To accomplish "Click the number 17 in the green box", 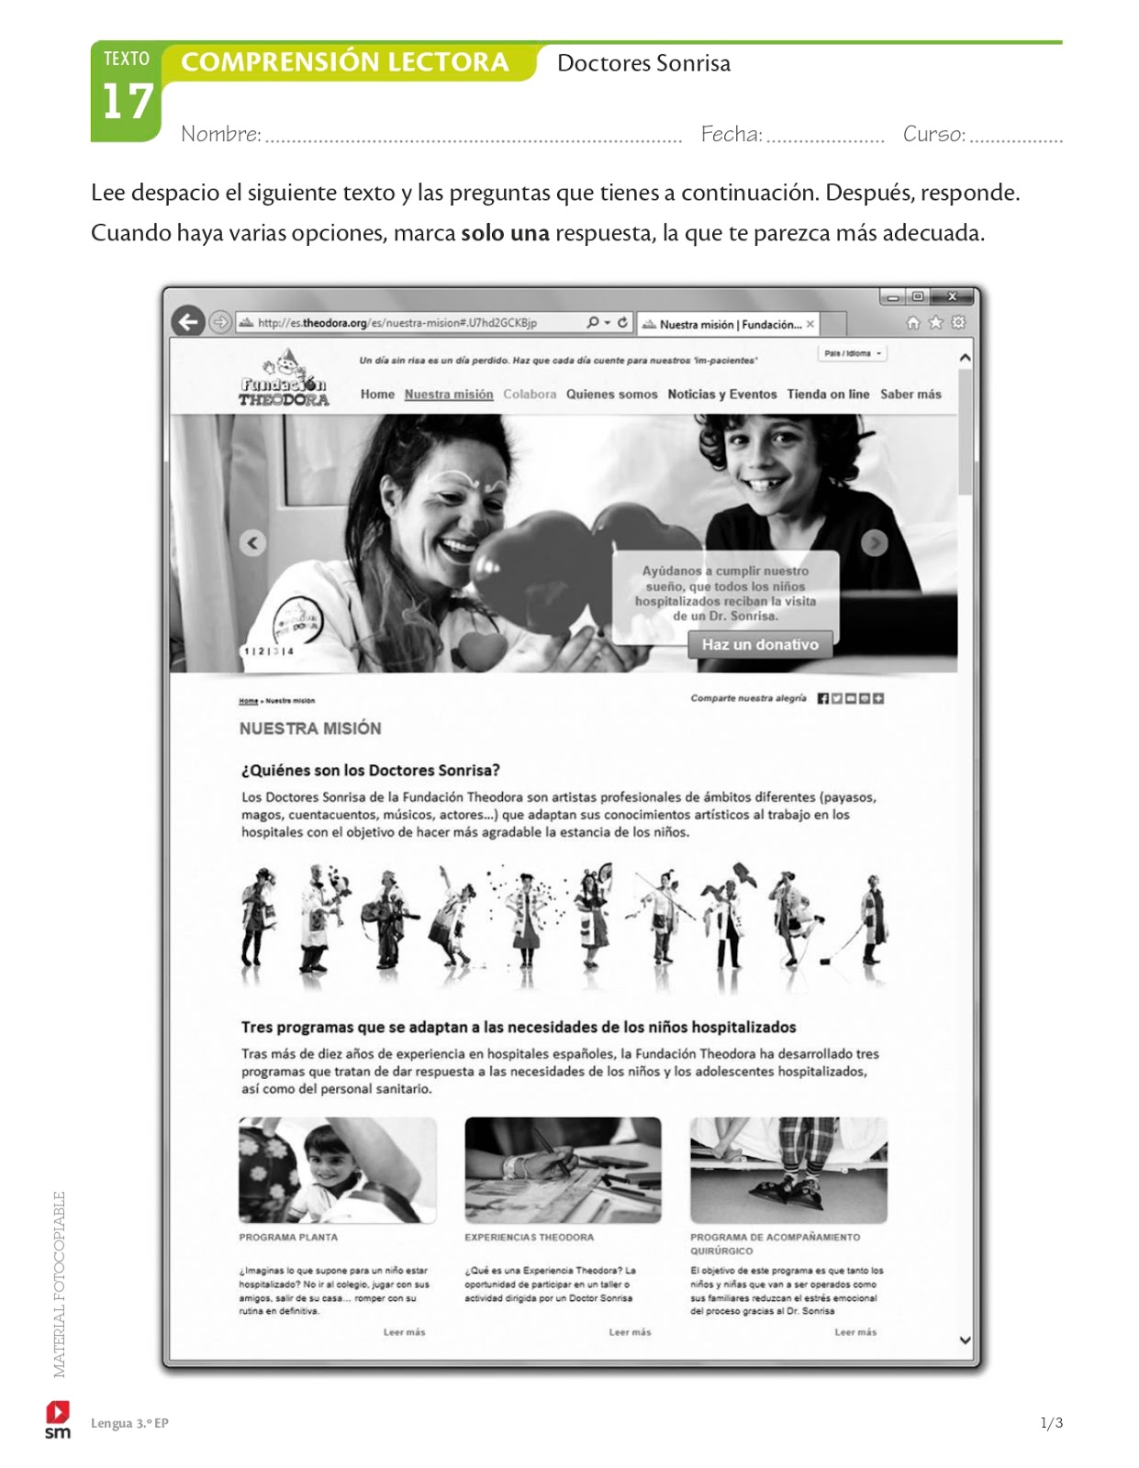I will click(x=127, y=102).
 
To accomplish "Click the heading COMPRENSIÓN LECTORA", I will click(x=344, y=62).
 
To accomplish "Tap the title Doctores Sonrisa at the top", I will click(x=643, y=63).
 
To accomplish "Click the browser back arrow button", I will click(x=188, y=322).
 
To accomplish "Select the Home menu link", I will click(x=377, y=395).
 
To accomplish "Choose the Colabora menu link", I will click(x=530, y=395).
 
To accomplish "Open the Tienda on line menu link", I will click(x=828, y=395).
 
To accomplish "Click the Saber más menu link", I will click(x=910, y=395).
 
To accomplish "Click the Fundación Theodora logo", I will click(x=285, y=381).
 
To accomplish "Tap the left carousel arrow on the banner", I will click(x=253, y=542).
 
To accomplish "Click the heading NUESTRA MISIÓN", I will click(x=310, y=728).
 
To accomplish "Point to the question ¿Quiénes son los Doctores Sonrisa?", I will click(x=371, y=771).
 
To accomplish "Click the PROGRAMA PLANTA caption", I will click(x=288, y=1238).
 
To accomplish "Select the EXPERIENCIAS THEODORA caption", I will click(x=529, y=1238).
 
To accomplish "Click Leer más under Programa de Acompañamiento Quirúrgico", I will click(x=855, y=1332).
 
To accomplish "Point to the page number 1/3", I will click(x=1051, y=1423).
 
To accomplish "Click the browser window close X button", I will click(x=953, y=296).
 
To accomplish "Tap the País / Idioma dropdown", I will click(x=853, y=353).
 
